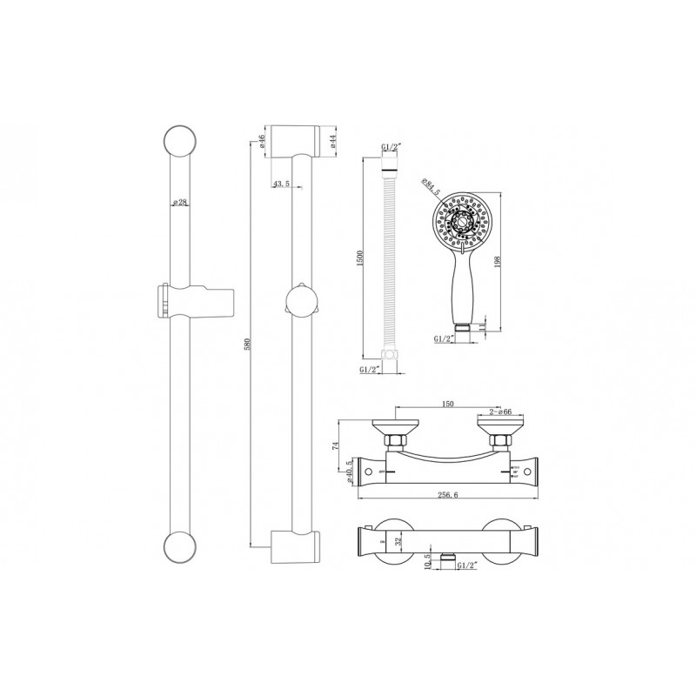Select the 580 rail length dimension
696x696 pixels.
pos(251,344)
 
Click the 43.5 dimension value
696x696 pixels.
pos(281,184)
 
